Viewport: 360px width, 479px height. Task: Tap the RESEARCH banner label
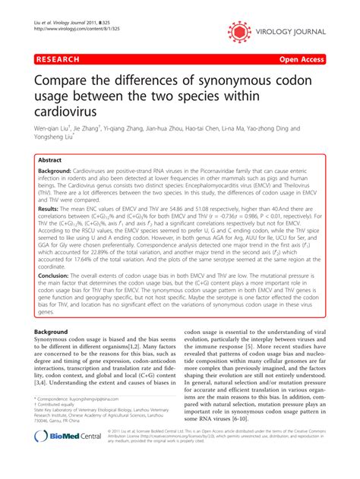[55, 58]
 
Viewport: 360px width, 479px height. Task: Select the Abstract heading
[51, 162]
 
